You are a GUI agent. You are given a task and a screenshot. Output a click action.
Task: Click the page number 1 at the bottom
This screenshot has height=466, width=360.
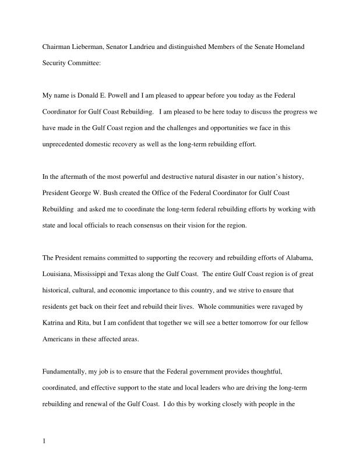coord(44,441)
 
